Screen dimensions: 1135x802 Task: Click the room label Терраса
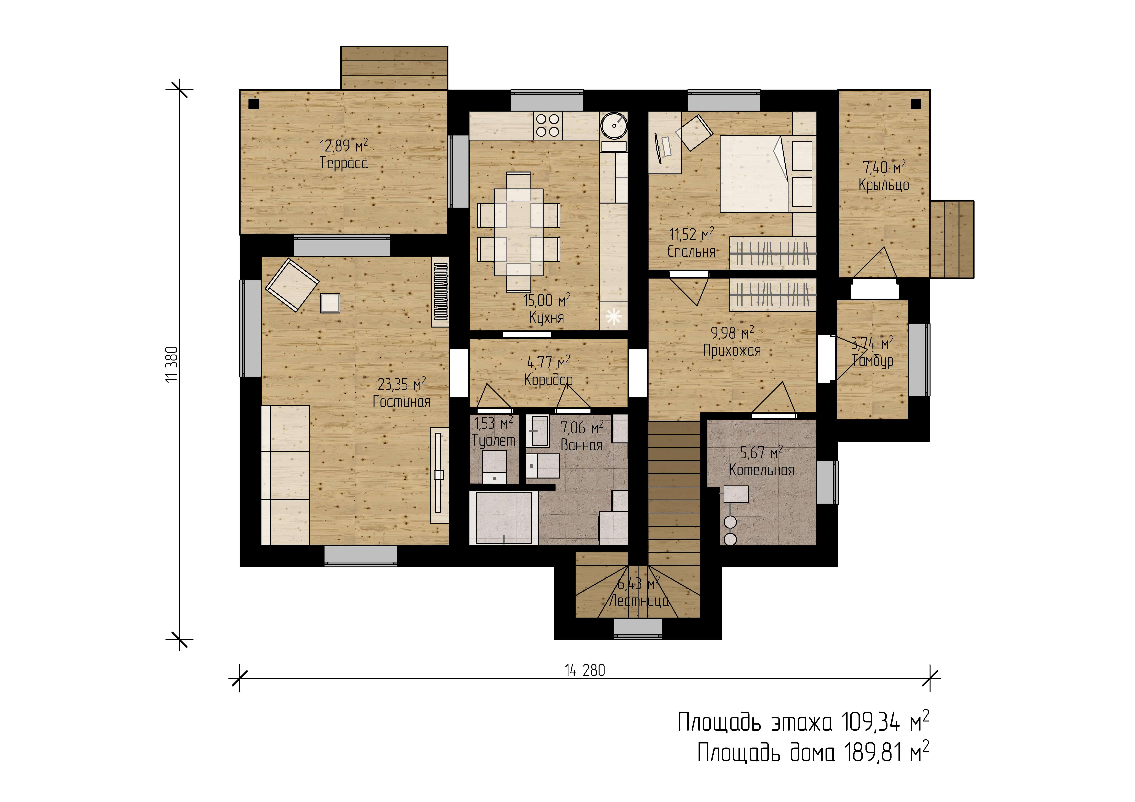point(344,163)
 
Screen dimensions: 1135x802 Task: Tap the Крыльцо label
point(884,185)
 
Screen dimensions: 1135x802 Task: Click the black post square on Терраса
point(254,104)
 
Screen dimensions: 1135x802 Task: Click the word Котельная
point(761,470)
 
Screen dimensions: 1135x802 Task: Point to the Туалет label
point(493,440)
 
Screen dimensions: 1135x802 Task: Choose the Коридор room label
point(548,380)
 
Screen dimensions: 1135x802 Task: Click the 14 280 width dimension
point(585,670)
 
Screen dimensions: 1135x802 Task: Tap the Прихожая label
point(732,350)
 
